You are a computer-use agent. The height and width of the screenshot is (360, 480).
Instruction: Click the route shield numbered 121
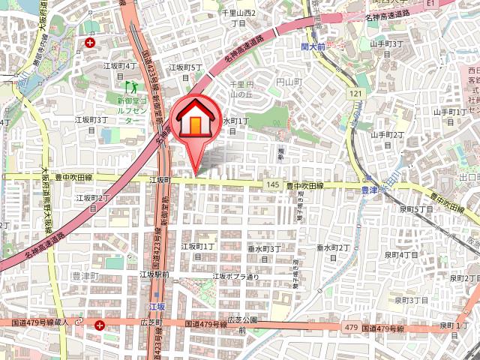point(355,92)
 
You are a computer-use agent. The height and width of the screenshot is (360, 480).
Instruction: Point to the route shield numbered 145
point(271,185)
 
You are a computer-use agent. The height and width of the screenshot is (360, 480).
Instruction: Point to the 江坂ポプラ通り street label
point(235,276)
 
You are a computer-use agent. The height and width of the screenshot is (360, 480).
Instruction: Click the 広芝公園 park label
point(242,324)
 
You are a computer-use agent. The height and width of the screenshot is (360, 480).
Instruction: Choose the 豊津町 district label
point(85,277)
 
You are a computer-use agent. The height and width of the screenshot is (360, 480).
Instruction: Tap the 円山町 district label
point(288,81)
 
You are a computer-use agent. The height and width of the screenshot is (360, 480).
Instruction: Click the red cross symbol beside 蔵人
point(100,324)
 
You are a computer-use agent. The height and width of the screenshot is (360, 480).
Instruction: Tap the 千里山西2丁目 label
point(239,18)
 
